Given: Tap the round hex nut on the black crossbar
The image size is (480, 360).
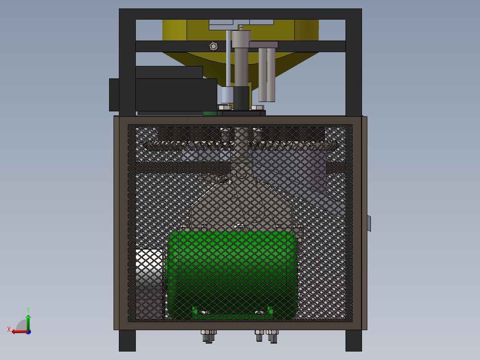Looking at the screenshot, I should (213, 46).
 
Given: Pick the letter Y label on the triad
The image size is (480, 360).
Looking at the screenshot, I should (28, 309).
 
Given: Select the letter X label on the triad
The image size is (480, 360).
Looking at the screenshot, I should (9, 329).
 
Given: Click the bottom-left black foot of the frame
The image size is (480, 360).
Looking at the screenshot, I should (127, 340).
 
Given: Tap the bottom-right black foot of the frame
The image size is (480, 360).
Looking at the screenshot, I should (354, 340).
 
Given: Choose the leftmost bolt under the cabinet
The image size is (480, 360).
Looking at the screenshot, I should (206, 336).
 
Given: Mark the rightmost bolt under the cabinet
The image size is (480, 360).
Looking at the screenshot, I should (273, 336).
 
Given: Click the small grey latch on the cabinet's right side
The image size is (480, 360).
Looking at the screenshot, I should (369, 223).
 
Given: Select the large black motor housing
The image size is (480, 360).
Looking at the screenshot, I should (176, 94).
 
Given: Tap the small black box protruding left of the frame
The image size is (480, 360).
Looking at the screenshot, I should (114, 95).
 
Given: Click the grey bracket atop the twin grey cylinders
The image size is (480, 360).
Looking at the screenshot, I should (263, 45).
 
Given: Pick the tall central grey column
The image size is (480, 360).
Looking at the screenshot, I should (241, 62).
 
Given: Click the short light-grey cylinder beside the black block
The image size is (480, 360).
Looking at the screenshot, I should (227, 95).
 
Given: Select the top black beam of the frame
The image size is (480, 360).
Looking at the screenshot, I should (240, 14).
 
